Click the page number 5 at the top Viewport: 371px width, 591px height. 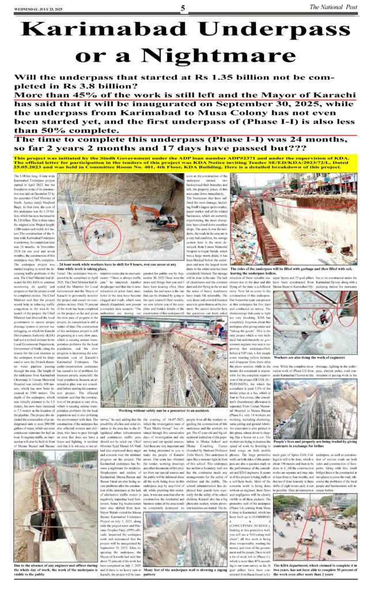point(183,8)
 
